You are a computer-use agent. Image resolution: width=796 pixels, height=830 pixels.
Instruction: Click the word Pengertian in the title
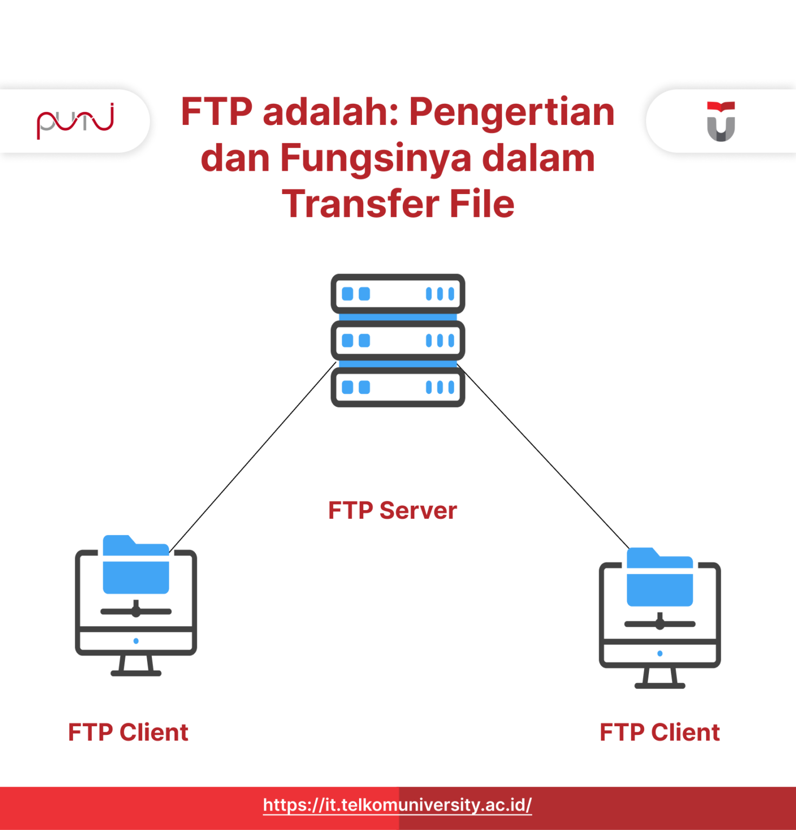(512, 112)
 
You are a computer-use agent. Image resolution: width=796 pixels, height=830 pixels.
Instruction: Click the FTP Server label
(393, 511)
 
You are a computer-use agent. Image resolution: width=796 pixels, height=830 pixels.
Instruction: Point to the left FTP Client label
(128, 733)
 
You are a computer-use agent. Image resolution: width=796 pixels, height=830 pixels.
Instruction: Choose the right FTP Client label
(660, 733)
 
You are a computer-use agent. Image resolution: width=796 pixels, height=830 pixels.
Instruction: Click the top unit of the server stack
(398, 294)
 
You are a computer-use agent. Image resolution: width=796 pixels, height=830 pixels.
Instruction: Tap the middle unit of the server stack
(398, 340)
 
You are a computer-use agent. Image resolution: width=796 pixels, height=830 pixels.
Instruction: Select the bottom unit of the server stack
(398, 387)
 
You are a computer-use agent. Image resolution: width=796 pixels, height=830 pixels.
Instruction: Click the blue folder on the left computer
(136, 567)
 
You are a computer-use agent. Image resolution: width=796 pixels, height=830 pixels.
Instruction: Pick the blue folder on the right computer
(660, 579)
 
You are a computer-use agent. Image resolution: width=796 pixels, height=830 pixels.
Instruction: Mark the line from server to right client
(543, 457)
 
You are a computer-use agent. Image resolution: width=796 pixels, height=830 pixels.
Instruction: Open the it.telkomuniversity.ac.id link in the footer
(397, 805)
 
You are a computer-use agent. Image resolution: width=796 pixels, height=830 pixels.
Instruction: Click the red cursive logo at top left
(75, 121)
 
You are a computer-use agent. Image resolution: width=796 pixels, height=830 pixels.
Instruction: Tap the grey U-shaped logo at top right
(721, 122)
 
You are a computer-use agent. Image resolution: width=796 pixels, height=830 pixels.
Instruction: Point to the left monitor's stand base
(136, 673)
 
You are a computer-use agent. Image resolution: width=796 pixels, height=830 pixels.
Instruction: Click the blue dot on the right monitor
(660, 653)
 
